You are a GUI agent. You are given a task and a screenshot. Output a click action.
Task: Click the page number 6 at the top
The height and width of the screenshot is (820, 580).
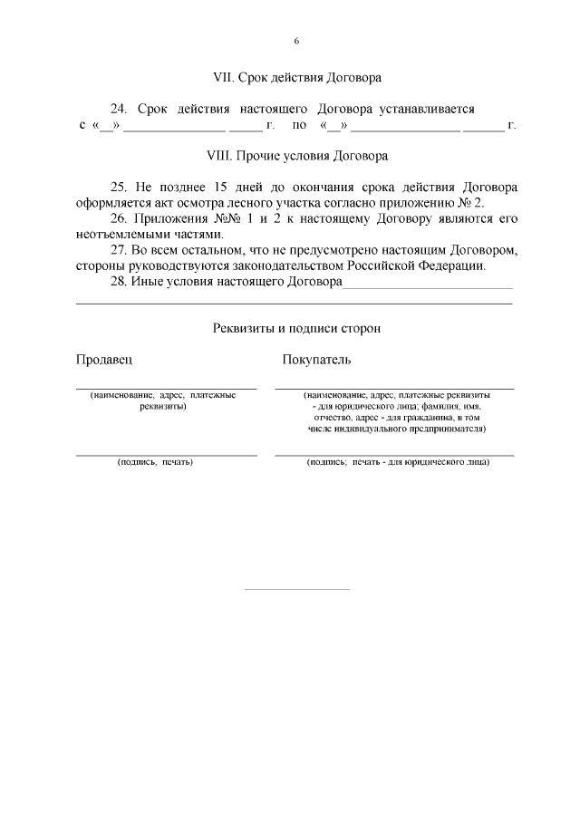tap(296, 42)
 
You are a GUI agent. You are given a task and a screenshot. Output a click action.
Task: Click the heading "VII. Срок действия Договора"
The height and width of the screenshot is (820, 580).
tap(295, 77)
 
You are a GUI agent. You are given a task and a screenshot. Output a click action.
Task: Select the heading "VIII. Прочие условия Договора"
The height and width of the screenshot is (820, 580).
tap(296, 155)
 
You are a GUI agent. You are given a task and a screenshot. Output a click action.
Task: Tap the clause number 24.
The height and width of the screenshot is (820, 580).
tap(118, 109)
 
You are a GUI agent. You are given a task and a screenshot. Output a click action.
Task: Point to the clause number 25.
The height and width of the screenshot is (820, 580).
tap(118, 187)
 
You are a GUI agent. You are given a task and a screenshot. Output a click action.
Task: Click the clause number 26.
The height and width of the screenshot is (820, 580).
tap(118, 219)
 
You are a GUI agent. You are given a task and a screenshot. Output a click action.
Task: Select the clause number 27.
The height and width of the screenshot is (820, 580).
tap(118, 251)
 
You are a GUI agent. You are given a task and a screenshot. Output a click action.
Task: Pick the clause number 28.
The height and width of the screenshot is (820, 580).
tap(118, 283)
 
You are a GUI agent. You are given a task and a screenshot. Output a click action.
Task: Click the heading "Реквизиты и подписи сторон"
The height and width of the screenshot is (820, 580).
tap(296, 328)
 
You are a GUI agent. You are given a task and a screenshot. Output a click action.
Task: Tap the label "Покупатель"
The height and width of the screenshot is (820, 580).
tap(316, 360)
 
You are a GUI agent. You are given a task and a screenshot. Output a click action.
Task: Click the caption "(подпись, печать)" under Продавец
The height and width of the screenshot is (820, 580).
tap(155, 462)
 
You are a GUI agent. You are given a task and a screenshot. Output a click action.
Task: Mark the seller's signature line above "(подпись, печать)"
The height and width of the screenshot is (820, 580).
tap(166, 454)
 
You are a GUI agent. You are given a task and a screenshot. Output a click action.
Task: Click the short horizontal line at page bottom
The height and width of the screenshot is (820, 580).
tap(297, 589)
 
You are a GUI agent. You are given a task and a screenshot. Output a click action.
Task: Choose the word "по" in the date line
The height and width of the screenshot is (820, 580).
tap(299, 125)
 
